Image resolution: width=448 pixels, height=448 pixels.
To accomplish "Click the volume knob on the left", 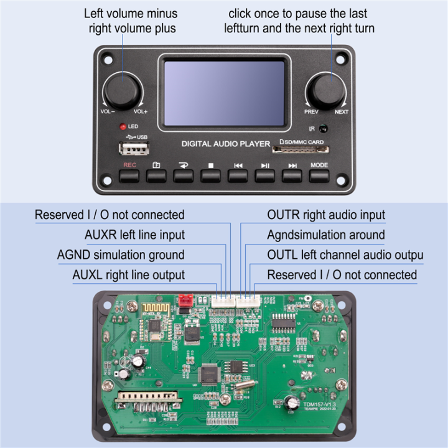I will [x=122, y=91].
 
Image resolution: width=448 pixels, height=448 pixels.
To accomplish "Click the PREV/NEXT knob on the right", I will [x=326, y=91].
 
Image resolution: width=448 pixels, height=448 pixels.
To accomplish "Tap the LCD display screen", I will [x=224, y=92].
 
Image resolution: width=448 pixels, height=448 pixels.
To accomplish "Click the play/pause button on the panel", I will [x=264, y=175].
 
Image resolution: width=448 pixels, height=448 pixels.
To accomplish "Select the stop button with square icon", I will [x=210, y=175].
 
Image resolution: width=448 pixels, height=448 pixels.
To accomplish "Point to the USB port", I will [x=134, y=149].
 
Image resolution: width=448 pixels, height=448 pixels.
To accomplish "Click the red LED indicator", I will [x=123, y=126].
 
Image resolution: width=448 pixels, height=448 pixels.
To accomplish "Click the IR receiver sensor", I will [x=322, y=129].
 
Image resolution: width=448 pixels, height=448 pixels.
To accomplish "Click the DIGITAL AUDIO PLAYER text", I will [x=225, y=144].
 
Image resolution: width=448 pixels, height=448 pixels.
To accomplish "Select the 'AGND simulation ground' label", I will [x=121, y=254].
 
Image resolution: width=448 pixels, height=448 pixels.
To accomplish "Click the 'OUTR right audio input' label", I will [x=326, y=215].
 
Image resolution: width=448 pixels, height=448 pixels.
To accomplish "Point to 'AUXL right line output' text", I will [x=128, y=274].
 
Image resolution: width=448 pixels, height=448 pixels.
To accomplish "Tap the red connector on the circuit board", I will [x=184, y=301].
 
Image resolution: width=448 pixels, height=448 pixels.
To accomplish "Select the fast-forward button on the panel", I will [x=292, y=175].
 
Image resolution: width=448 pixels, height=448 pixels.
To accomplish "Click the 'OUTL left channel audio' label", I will [x=345, y=254].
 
